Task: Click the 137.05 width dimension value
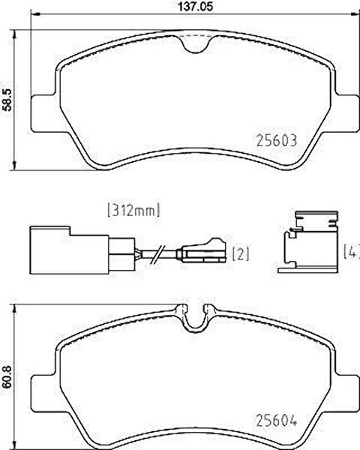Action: [196, 6]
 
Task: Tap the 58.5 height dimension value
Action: [6, 100]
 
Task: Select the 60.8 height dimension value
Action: [6, 376]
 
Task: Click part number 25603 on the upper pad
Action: [276, 141]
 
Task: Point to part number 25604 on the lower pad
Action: [276, 421]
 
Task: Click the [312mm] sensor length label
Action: [133, 211]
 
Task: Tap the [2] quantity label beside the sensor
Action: [241, 254]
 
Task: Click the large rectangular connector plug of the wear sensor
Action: [69, 250]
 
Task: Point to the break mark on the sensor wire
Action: [158, 254]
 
